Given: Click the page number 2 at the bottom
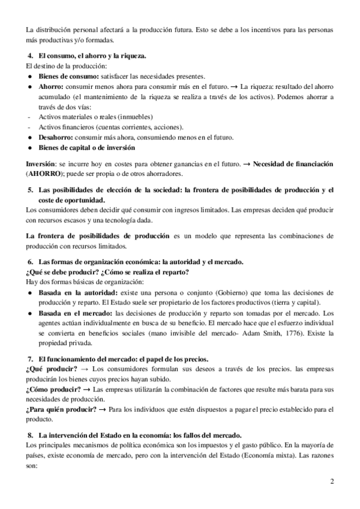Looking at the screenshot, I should click(x=332, y=482).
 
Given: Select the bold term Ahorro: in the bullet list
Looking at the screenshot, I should click(x=52, y=86).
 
